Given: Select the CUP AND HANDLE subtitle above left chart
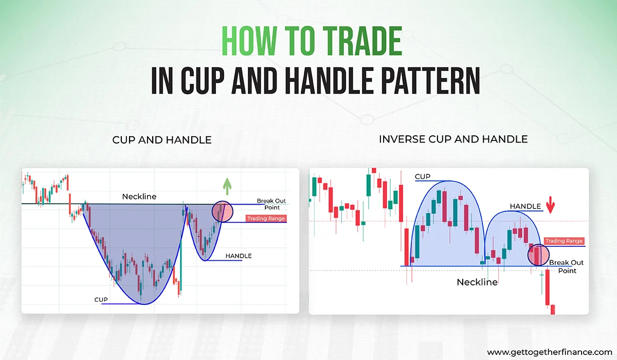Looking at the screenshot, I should coord(162,140).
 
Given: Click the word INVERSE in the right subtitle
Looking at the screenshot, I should coord(398,139).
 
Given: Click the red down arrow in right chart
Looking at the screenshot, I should coord(551,206).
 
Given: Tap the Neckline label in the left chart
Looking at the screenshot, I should coord(139,196).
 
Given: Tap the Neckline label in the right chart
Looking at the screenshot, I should coord(477,282).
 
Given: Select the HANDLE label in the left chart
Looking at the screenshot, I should coord(239,256).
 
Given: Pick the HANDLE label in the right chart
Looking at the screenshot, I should coord(525,206).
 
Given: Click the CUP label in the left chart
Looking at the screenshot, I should coord(101,299).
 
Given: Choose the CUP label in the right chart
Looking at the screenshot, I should coord(422,177).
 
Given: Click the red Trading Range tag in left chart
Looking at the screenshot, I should coord(265,219).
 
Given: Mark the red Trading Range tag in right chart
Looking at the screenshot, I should coord(564,241).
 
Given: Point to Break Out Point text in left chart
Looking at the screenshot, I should coord(268,204).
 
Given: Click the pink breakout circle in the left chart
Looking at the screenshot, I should coord(222,211).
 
